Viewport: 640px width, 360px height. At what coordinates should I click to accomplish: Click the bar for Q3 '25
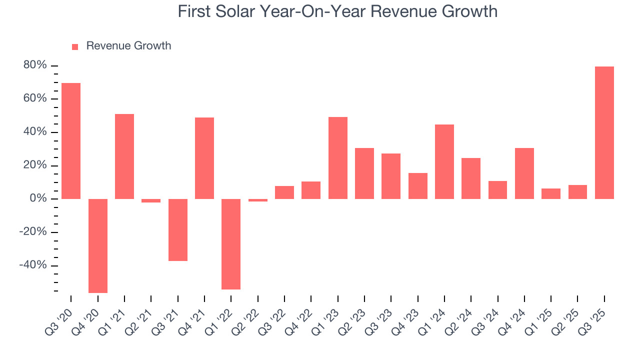point(604,132)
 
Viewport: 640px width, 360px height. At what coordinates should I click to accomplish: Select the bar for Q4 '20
point(98,245)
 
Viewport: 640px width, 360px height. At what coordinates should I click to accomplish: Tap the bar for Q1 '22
point(231,244)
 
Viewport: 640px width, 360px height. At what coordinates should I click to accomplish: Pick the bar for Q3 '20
point(71,141)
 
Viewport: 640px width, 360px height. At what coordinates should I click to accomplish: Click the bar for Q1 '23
point(337,158)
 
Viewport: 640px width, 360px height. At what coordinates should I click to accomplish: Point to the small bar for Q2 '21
point(151,200)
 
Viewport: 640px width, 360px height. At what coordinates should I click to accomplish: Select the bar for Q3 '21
point(177,229)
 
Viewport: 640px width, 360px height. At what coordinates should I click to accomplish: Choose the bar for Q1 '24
point(444,161)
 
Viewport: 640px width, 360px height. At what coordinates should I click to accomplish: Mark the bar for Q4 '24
point(524,173)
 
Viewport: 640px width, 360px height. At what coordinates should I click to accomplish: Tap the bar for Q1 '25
point(550,193)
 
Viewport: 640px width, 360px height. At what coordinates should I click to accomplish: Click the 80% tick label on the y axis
point(35,65)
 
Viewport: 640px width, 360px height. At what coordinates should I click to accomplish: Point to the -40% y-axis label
point(33,265)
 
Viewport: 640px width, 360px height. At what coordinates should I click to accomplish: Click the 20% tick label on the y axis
point(35,165)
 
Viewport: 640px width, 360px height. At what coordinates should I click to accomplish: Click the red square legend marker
point(75,47)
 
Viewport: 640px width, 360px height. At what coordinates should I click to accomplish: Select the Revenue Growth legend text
point(128,46)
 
